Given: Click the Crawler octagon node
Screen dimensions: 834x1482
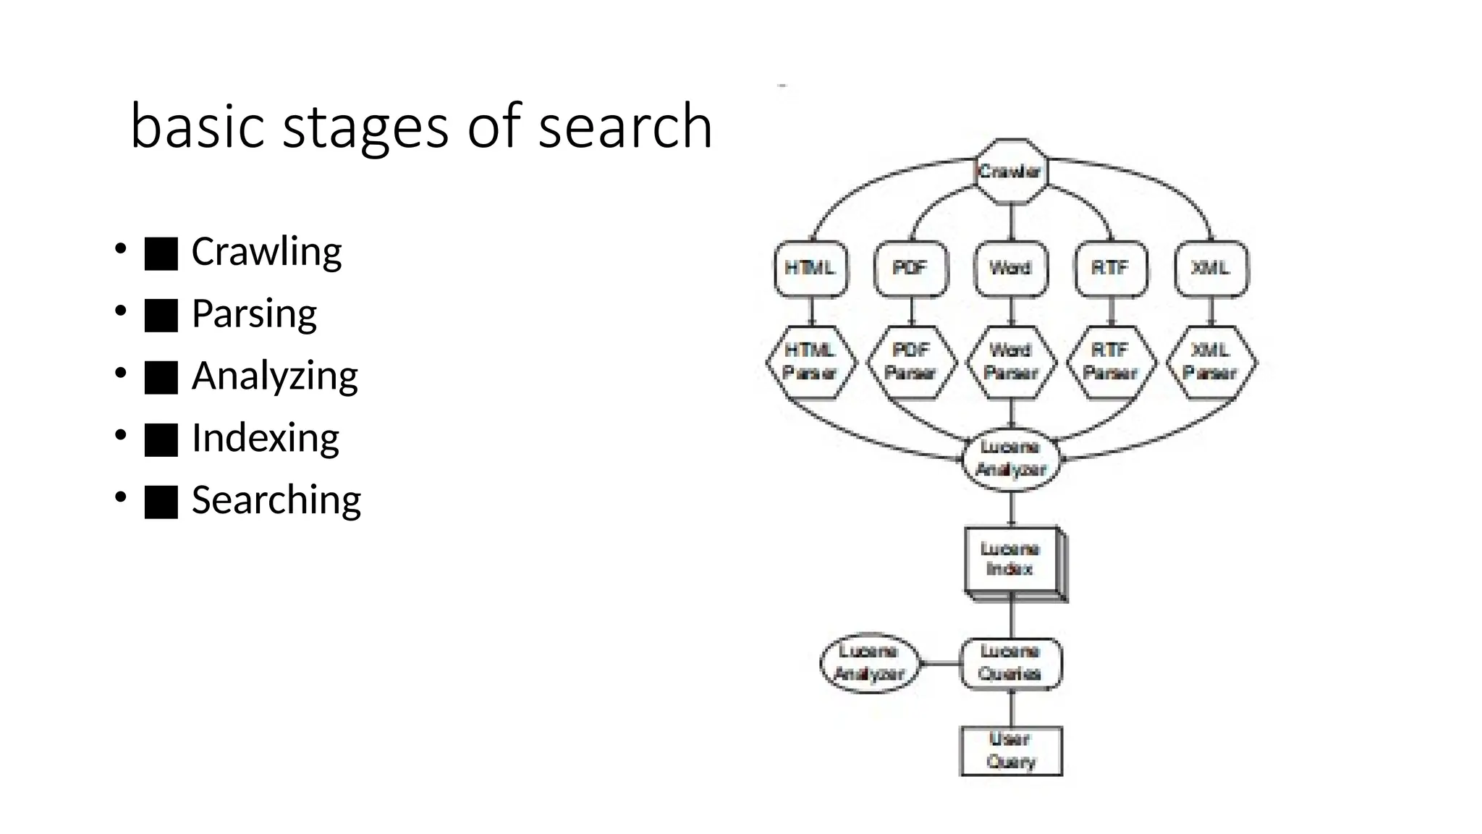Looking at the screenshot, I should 1010,172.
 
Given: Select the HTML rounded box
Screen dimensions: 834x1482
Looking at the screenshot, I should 810,269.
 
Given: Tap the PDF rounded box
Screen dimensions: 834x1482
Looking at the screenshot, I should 910,269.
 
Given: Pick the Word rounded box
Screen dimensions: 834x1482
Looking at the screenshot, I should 1010,269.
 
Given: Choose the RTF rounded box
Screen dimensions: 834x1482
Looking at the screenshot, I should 1111,269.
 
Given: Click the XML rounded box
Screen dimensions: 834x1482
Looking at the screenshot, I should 1211,269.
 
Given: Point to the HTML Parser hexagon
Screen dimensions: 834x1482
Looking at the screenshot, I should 810,361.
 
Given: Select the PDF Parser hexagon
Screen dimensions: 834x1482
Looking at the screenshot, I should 910,361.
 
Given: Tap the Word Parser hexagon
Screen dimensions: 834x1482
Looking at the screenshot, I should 1011,361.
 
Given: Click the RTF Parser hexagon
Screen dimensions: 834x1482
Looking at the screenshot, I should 1111,361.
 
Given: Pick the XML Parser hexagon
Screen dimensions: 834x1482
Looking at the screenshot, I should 1211,361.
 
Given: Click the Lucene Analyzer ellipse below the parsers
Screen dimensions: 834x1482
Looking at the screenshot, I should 1011,458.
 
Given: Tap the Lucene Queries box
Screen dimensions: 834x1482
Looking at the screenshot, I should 1010,662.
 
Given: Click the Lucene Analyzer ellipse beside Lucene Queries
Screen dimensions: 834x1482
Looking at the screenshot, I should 869,662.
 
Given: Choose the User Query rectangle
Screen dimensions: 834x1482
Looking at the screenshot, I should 1011,751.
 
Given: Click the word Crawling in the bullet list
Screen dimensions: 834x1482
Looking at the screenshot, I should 266,252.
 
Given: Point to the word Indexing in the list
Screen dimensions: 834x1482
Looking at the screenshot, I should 265,438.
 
